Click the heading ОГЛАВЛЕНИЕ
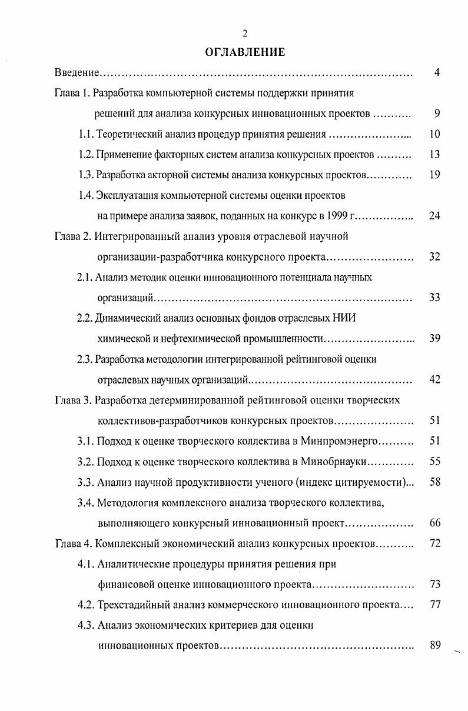click(245, 52)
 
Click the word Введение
click(76, 73)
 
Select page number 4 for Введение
click(437, 73)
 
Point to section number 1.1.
click(86, 134)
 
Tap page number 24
click(435, 216)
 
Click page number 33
click(435, 298)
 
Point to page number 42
click(435, 379)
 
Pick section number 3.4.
click(86, 502)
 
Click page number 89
click(435, 645)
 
